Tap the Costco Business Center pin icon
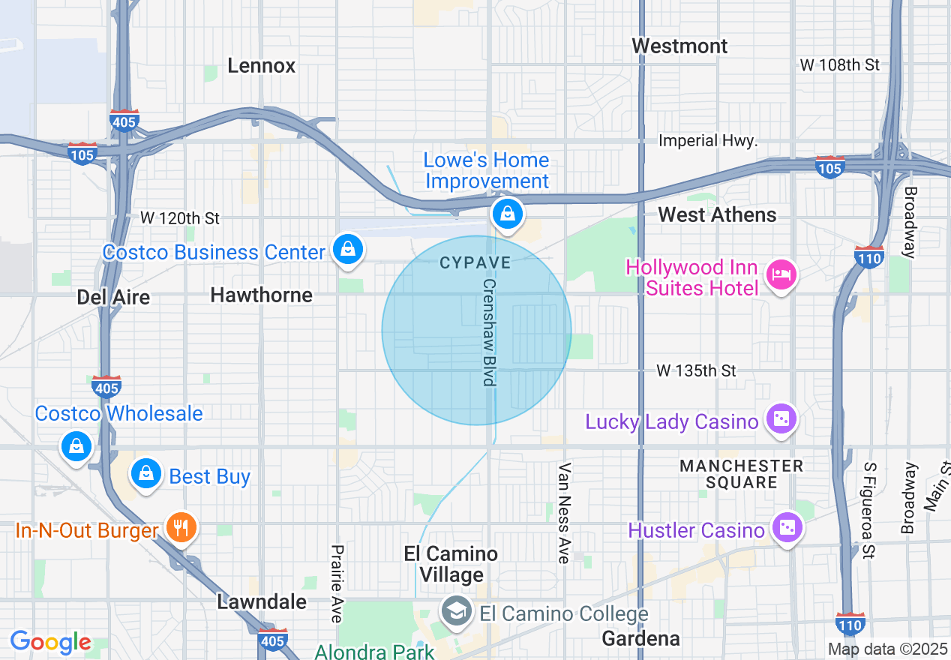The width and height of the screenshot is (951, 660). (x=348, y=250)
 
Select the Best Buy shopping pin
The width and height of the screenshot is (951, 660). (x=146, y=474)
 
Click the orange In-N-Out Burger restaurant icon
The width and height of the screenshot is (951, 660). (x=181, y=528)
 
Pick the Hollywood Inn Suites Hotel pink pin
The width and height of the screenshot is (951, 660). (x=781, y=275)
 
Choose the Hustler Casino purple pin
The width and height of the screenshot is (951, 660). (x=787, y=528)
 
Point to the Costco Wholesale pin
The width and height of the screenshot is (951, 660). (x=76, y=445)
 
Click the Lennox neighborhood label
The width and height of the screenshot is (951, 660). (x=261, y=66)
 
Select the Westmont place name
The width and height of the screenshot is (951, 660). (x=679, y=46)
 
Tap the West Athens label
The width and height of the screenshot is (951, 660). (x=717, y=215)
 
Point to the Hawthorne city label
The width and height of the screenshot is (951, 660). (x=261, y=295)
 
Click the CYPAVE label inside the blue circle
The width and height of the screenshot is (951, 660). (x=475, y=263)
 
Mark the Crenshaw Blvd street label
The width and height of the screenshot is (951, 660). (x=489, y=333)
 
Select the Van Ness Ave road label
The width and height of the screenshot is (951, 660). (x=565, y=513)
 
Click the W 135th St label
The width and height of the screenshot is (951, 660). (x=696, y=370)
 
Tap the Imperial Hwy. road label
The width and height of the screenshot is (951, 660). (x=708, y=141)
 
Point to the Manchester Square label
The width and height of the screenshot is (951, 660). (x=741, y=474)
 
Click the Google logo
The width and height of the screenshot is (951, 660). (x=50, y=643)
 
